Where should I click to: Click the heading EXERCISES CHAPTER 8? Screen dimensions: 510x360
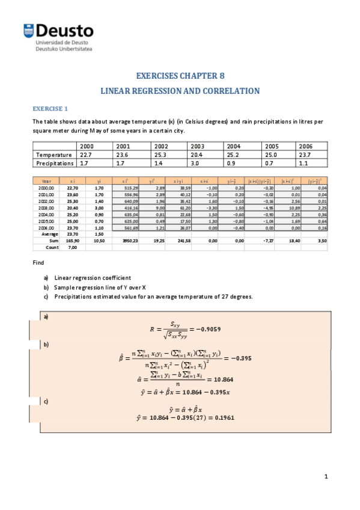(180, 76)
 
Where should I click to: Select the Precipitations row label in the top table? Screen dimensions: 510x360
(55, 163)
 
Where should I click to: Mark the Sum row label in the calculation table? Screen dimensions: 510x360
(53, 240)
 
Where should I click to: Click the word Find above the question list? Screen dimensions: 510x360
(38, 263)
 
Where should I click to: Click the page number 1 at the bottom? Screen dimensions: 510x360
(325, 477)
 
